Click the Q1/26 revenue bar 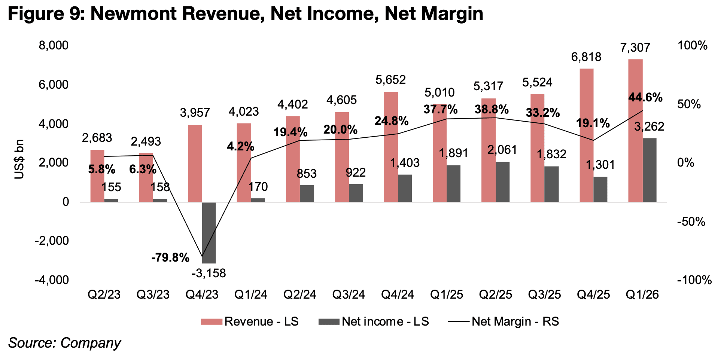pos(635,131)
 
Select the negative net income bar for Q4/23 pos(209,232)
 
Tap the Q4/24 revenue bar pos(390,147)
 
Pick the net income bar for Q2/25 pos(503,182)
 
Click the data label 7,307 pos(635,48)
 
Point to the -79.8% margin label pos(170,258)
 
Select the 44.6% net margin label pos(645,98)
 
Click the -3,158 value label pos(209,274)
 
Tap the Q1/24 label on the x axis pos(251,295)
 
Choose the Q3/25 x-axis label pos(544,295)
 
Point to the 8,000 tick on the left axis pos(54,46)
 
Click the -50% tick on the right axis pos(691,222)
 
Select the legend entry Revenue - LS pos(250,321)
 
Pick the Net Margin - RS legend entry pos(504,321)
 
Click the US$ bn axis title pos(19,159)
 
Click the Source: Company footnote pos(64,343)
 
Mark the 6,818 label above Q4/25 pos(586,57)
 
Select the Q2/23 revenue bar pos(97,176)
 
